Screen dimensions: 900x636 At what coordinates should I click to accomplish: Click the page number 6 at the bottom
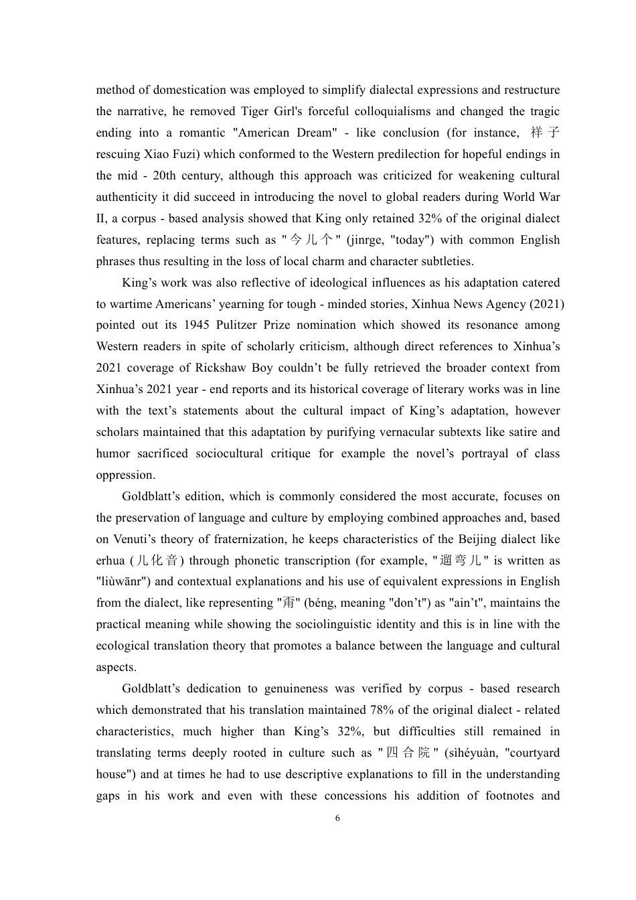[x=337, y=818]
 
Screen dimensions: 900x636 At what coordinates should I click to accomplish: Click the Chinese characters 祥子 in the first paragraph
[x=545, y=133]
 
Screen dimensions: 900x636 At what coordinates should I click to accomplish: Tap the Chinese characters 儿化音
[x=157, y=560]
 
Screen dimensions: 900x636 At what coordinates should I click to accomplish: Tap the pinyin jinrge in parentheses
[x=366, y=240]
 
